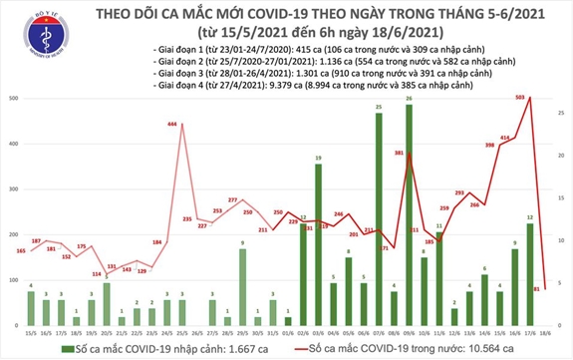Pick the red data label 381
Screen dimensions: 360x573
pyautogui.click(x=398, y=153)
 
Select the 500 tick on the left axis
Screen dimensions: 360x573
pyautogui.click(x=13, y=99)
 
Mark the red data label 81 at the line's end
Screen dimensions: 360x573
pyautogui.click(x=537, y=289)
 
